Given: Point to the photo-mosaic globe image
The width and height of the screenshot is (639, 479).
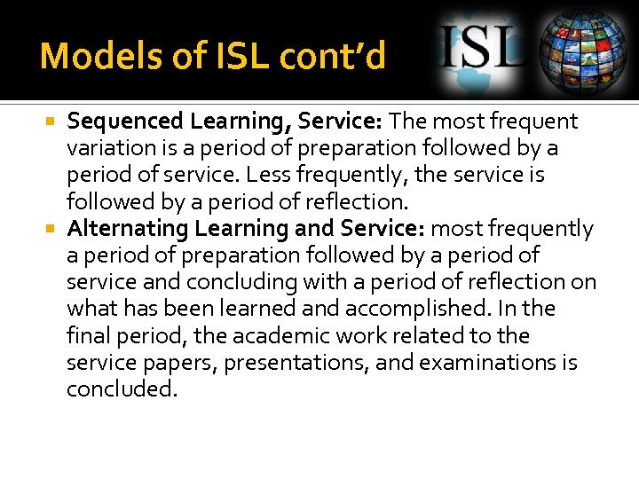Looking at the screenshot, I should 585,51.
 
